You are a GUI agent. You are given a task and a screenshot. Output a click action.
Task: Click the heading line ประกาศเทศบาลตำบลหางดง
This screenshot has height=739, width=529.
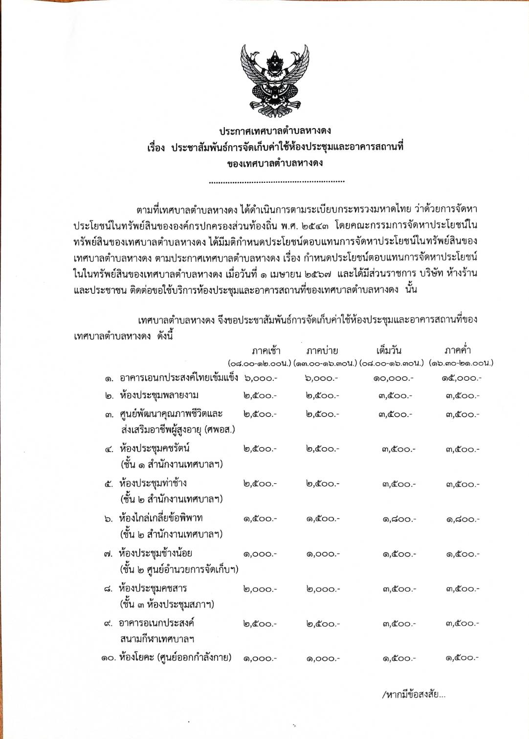275,130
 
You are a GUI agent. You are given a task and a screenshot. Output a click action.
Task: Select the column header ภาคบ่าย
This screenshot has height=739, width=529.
322,350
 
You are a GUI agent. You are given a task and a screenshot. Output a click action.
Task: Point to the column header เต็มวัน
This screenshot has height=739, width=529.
389,350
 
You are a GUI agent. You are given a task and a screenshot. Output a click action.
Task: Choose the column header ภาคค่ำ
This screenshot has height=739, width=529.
458,350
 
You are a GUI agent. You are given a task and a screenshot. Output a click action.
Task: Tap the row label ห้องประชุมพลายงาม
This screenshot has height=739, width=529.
159,395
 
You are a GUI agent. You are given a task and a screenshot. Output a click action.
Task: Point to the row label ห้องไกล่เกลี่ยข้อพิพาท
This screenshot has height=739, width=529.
161,518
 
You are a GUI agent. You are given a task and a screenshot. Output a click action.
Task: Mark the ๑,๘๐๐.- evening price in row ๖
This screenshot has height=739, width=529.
463,520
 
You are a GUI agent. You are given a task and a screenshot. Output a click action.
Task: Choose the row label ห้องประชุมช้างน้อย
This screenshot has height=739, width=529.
155,553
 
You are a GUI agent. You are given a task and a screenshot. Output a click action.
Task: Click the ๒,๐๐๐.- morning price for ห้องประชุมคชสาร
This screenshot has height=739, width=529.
260,589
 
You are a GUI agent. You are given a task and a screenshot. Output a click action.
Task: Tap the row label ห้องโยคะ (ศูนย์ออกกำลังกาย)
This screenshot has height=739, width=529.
175,657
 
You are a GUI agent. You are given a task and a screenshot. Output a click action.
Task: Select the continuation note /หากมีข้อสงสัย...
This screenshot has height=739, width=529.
413,695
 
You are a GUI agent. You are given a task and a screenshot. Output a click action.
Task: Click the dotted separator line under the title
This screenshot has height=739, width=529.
276,182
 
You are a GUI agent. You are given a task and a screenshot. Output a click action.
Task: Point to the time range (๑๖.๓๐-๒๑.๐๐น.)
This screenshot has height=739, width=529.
461,363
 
